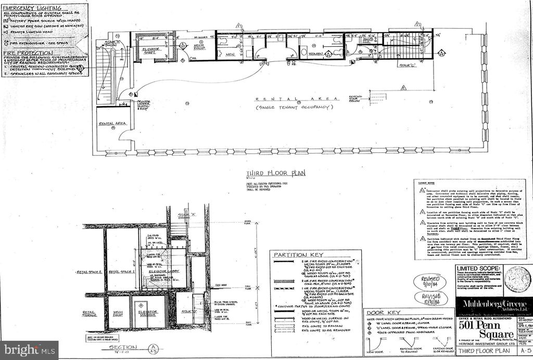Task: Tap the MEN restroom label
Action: (x=229, y=54)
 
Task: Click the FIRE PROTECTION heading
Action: (x=22, y=53)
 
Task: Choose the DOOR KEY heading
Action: (x=380, y=312)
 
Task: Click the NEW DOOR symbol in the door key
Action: (x=377, y=348)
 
